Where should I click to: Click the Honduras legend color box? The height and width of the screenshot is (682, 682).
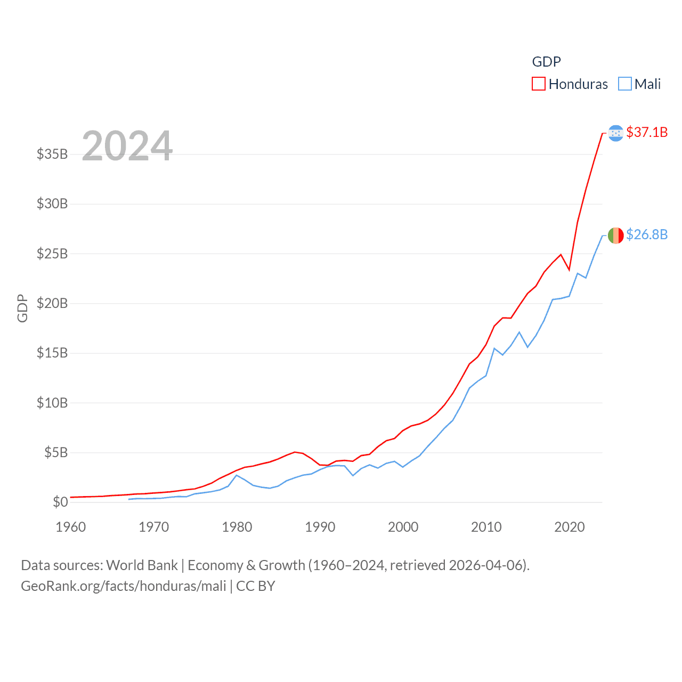tap(539, 84)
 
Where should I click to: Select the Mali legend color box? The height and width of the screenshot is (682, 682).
tap(625, 84)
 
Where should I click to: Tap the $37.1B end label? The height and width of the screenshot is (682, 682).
tap(647, 132)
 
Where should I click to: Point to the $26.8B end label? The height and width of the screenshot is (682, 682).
tap(647, 234)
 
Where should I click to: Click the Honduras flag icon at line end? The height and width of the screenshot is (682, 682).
tap(615, 133)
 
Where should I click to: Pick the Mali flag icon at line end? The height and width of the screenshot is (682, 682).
tap(615, 235)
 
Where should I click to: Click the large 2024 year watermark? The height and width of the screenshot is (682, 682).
tap(127, 145)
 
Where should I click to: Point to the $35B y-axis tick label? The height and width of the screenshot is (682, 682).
tap(52, 154)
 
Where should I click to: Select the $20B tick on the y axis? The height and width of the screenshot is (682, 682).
tap(52, 303)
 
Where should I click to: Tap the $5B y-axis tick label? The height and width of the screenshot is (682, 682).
tap(56, 452)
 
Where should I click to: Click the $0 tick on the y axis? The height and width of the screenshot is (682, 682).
tap(60, 502)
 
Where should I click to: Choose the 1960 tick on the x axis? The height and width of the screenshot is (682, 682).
tap(71, 527)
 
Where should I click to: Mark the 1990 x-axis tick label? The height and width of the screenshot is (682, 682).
tap(320, 527)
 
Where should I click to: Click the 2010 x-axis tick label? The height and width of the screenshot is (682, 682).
tap(486, 527)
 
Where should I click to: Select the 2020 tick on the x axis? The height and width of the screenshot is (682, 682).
tap(570, 527)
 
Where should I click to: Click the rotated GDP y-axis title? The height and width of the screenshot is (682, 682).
tap(22, 308)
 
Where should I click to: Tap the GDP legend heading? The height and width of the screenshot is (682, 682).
tap(546, 62)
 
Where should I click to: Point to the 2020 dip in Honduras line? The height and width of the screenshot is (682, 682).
tap(569, 270)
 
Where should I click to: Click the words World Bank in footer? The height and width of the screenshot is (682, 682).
tap(142, 565)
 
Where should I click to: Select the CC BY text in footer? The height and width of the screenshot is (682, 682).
tap(256, 586)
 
